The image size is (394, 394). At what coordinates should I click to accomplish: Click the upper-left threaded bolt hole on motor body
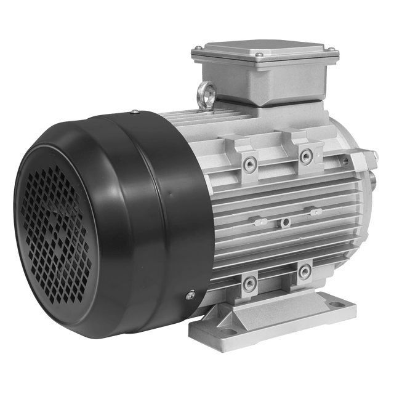tap(250, 164)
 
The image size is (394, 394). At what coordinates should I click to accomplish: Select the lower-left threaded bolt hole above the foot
tap(250, 283)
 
